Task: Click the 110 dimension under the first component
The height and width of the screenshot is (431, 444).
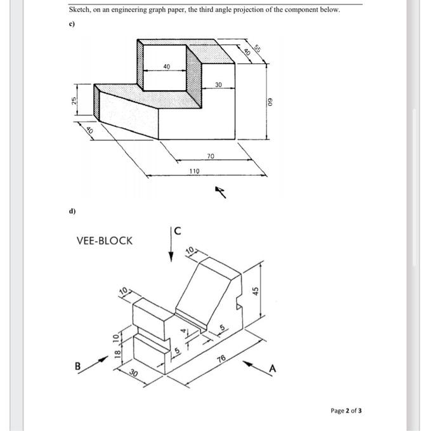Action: (x=195, y=171)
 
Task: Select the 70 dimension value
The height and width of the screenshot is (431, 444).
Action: (x=211, y=155)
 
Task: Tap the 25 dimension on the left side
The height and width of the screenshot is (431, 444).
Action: (x=74, y=101)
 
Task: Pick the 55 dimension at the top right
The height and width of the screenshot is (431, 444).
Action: (x=258, y=48)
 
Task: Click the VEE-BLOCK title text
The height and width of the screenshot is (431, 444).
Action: (x=105, y=241)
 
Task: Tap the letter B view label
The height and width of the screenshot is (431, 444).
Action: (x=78, y=366)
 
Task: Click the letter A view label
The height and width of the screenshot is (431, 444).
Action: (x=274, y=369)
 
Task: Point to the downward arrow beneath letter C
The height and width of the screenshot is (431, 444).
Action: (x=171, y=248)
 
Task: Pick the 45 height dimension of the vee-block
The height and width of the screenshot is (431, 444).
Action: (x=256, y=291)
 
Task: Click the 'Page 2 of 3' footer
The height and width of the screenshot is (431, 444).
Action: (x=346, y=411)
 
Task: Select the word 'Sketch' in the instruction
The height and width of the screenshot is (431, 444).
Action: (x=79, y=10)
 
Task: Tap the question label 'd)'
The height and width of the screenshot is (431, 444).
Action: (x=72, y=210)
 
